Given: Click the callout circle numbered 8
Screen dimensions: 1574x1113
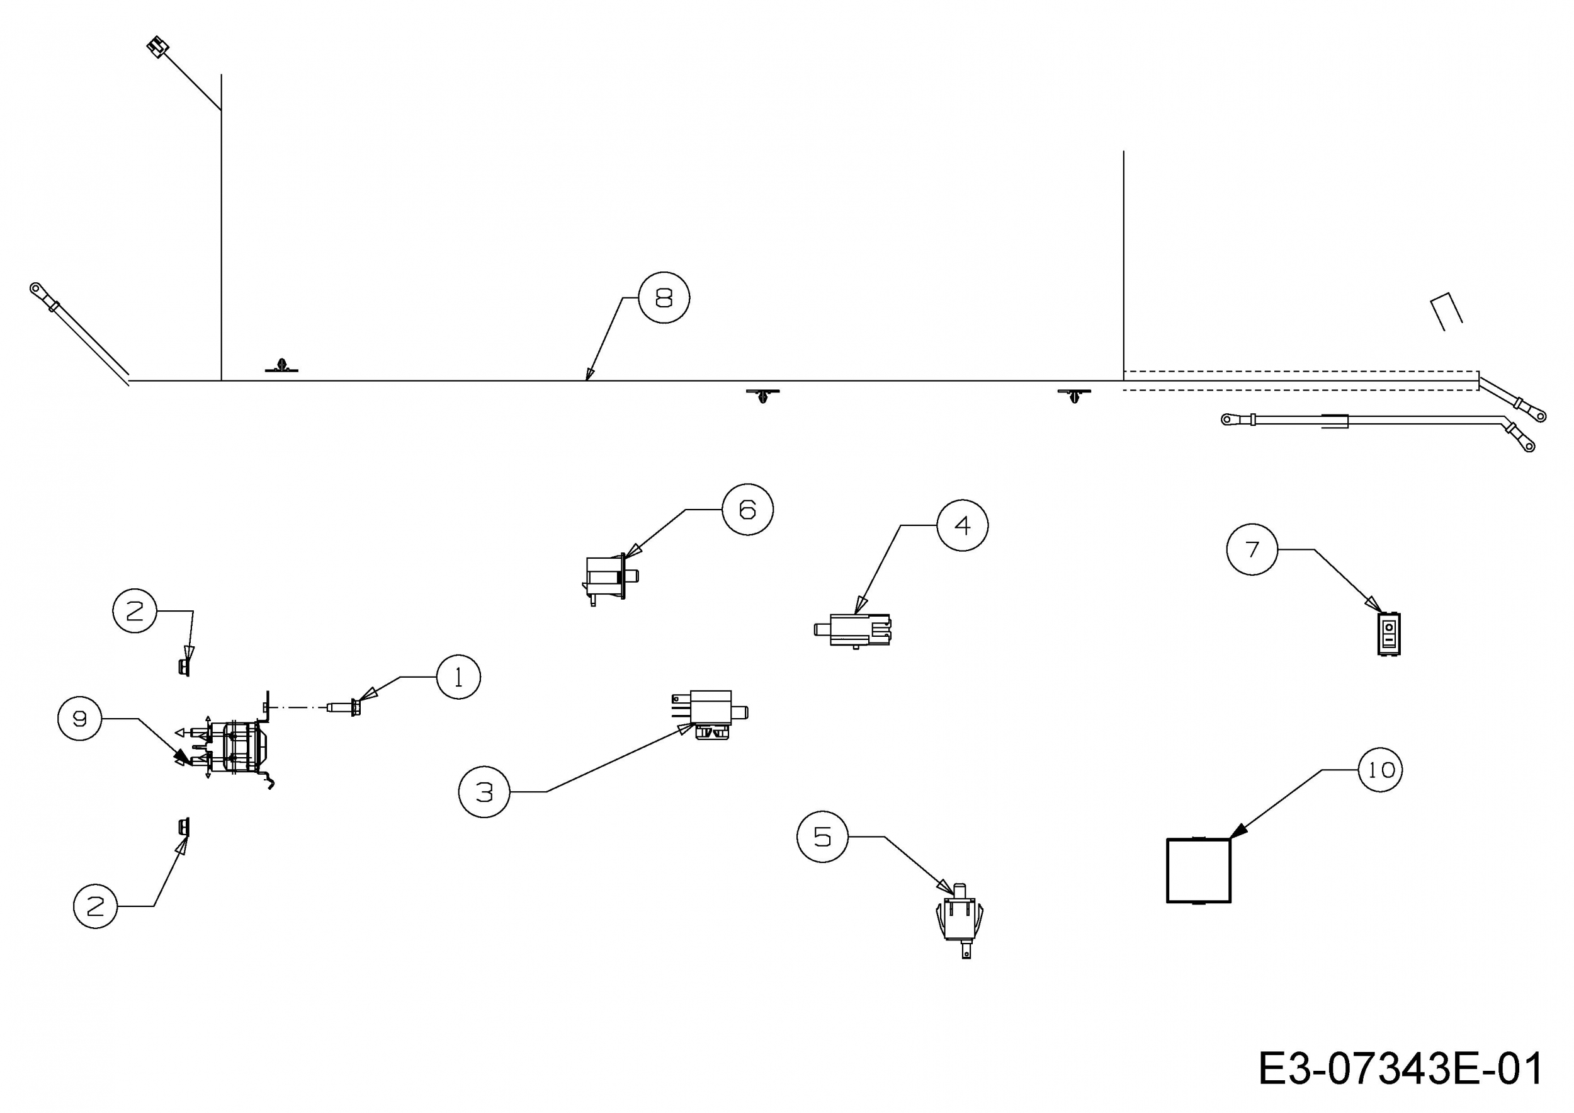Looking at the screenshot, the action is tap(664, 298).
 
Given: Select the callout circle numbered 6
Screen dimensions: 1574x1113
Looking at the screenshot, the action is tap(747, 510).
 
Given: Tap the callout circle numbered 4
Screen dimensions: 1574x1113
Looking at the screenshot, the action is tap(963, 525).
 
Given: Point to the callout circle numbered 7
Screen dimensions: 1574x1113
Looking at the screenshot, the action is tap(1252, 549).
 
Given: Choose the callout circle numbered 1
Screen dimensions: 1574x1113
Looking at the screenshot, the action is tap(458, 677).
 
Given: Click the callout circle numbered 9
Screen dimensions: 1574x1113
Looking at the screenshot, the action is tap(80, 719).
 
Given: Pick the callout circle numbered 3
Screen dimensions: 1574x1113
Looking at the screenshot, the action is tap(484, 792).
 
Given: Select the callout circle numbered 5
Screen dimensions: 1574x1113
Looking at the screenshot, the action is tap(823, 836).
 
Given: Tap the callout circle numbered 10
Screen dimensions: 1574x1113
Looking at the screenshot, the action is tap(1381, 770).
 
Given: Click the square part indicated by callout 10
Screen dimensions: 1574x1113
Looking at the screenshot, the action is tap(1198, 870).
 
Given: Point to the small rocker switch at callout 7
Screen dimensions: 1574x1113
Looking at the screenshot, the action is tap(1389, 634).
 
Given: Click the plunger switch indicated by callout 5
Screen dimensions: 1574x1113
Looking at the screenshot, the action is tap(959, 920).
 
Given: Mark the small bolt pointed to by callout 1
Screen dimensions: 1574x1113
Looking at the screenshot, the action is tap(345, 707).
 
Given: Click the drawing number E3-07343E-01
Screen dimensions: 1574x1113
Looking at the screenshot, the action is tap(1401, 1068).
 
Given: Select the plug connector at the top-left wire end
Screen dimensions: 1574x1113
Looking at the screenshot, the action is tap(157, 47).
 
